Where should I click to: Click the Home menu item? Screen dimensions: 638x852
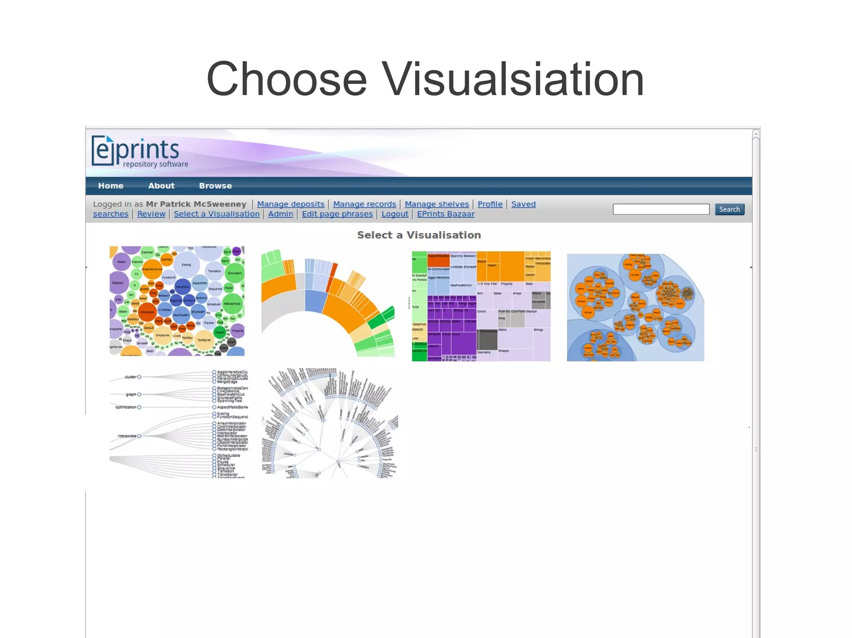tap(111, 186)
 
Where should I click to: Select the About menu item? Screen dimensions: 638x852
tap(161, 186)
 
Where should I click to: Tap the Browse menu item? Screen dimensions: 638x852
tap(215, 186)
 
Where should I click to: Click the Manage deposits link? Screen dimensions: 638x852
tap(290, 204)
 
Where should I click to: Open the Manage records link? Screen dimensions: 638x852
tap(364, 204)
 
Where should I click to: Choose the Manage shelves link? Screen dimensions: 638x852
tap(437, 204)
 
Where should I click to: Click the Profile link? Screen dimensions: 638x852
tap(490, 204)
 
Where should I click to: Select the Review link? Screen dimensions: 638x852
tap(151, 214)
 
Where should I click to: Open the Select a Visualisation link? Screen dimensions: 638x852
tap(216, 214)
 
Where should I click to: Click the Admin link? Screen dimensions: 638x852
tap(280, 214)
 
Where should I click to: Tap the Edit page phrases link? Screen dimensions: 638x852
tap(337, 214)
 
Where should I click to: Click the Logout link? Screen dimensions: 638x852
tap(395, 214)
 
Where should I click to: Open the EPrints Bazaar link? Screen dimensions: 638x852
tap(446, 214)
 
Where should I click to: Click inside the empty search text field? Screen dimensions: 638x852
tap(661, 209)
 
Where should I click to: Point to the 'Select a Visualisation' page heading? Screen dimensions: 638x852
tap(419, 235)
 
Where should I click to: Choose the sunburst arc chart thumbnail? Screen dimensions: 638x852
tap(328, 303)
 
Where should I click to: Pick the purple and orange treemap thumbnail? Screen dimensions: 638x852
tap(481, 306)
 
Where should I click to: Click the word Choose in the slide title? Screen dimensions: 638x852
tap(286, 79)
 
